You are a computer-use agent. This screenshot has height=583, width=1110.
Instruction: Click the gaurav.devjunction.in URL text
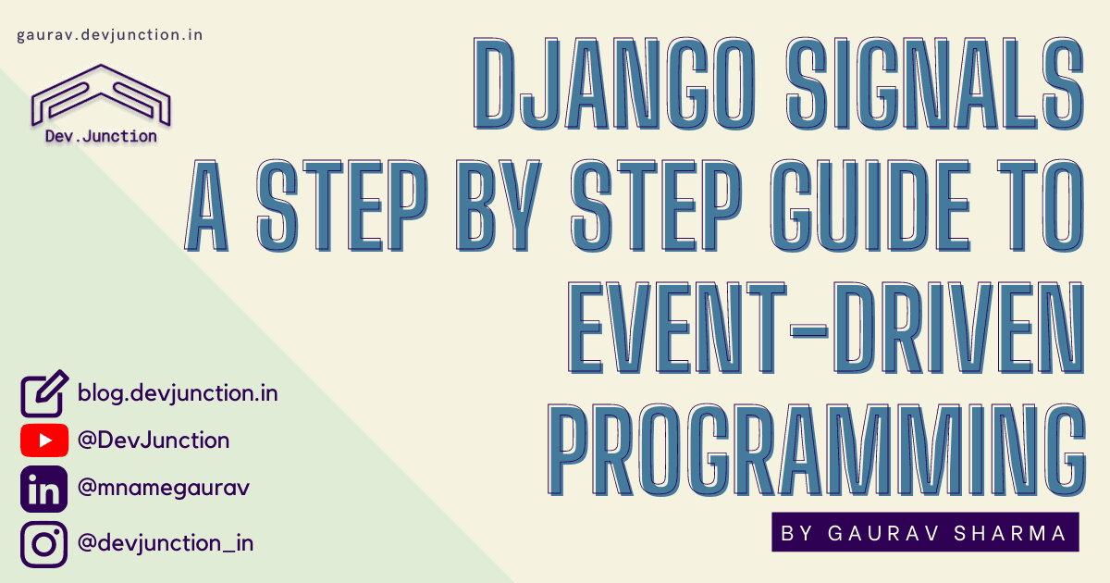pyautogui.click(x=110, y=35)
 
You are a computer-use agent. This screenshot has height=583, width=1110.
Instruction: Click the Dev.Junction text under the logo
pyautogui.click(x=101, y=136)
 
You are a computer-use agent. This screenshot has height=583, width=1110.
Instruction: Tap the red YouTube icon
pyautogui.click(x=44, y=440)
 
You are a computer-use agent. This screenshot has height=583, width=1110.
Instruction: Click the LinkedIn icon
pyautogui.click(x=44, y=490)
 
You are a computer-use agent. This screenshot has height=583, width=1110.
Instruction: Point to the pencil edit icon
pyautogui.click(x=44, y=393)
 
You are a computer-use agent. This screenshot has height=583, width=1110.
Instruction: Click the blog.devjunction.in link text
pyautogui.click(x=178, y=393)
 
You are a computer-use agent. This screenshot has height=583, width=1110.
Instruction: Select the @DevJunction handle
pyautogui.click(x=154, y=440)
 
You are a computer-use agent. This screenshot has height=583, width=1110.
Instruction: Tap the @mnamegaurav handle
pyautogui.click(x=164, y=488)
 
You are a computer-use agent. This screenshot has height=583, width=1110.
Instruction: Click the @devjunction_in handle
pyautogui.click(x=166, y=542)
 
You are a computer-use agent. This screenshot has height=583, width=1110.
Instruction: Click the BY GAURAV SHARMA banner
pyautogui.click(x=925, y=532)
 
